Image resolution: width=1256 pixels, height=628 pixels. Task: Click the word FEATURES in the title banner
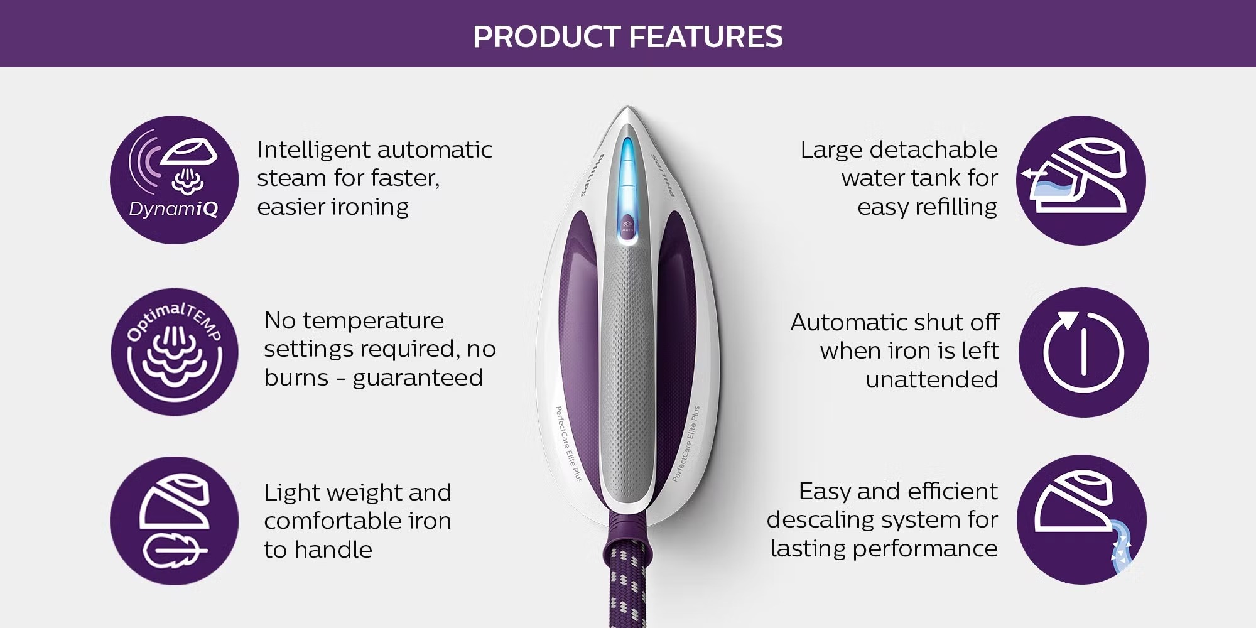click(706, 36)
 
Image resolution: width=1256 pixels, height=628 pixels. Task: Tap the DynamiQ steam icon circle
click(175, 180)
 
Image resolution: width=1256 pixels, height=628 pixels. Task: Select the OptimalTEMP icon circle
click(175, 352)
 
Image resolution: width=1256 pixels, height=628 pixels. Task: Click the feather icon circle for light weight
click(175, 521)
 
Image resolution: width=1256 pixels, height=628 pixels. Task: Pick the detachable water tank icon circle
click(1081, 180)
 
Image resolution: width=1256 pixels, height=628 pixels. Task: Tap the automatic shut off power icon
click(1084, 352)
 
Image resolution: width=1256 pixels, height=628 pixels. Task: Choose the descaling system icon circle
click(1081, 520)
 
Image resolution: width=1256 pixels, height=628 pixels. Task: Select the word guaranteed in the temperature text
click(418, 378)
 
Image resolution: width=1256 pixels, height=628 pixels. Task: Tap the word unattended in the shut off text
click(932, 379)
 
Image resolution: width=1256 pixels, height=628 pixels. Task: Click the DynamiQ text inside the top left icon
click(173, 209)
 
